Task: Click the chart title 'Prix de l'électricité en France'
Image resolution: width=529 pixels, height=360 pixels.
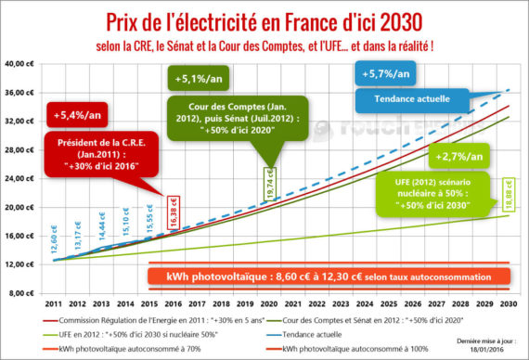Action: tap(264, 19)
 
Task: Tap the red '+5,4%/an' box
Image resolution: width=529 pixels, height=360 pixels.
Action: tap(72, 118)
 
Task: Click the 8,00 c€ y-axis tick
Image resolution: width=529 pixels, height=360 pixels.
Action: tap(21, 293)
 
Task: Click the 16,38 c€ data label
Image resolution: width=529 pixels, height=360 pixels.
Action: tap(173, 212)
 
